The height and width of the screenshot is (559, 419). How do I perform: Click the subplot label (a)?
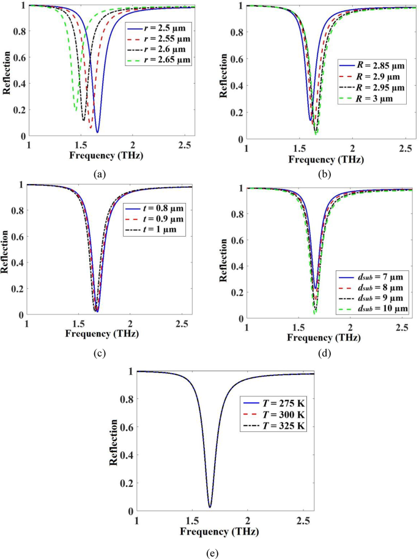coord(100,174)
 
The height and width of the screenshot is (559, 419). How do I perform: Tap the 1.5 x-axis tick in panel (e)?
coord(192,519)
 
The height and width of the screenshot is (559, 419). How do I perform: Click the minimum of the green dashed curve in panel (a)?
coord(75,110)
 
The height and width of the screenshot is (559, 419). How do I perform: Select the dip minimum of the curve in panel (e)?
coord(210,506)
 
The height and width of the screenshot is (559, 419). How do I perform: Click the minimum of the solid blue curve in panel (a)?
coord(97,132)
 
